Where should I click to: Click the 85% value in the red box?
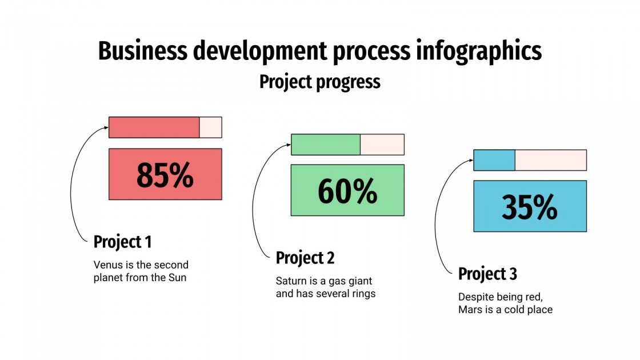(x=165, y=175)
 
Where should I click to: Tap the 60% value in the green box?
(x=347, y=191)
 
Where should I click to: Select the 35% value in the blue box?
(x=530, y=207)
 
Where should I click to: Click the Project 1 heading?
(x=122, y=242)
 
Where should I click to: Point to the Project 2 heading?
(x=305, y=258)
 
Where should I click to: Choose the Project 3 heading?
(x=487, y=274)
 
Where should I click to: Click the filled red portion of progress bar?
(x=154, y=127)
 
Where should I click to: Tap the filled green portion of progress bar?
(x=326, y=145)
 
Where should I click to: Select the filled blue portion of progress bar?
(x=494, y=160)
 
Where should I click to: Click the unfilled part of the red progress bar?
(x=210, y=127)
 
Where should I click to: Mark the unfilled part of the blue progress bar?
(x=550, y=160)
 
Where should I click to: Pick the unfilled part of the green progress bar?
(x=382, y=145)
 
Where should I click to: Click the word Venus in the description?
(x=107, y=265)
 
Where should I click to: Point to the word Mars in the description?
(x=470, y=310)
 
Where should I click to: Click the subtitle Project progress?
(x=319, y=82)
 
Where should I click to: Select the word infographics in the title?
(x=476, y=51)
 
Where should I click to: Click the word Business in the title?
(x=143, y=51)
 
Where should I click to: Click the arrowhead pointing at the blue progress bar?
(x=471, y=161)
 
